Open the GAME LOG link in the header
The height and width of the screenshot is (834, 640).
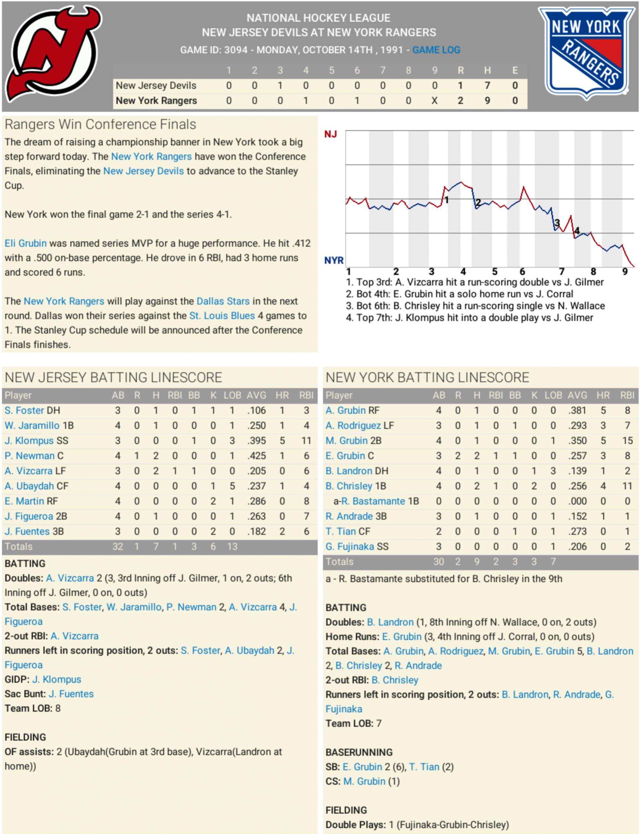pos(436,50)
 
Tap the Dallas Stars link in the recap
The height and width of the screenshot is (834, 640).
pos(223,301)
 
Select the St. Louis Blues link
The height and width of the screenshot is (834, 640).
pos(222,316)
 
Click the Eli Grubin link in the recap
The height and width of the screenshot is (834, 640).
pos(26,243)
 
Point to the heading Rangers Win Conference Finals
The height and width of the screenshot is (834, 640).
pos(100,125)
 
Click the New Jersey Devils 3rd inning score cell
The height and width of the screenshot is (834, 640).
pos(280,86)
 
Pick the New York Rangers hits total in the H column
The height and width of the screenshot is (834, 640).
pos(487,101)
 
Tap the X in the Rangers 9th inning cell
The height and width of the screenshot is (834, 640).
pos(434,101)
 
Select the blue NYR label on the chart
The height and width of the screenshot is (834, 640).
pos(334,261)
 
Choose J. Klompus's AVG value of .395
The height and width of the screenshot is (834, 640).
pos(256,441)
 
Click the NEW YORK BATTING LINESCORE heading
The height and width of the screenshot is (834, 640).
pos(427,377)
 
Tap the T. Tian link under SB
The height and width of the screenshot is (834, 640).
pos(424,767)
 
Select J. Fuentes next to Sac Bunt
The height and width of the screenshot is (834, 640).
pos(71,694)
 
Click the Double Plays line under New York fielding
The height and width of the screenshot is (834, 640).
pos(417,824)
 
